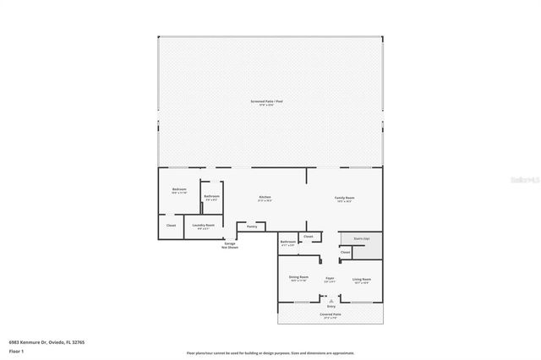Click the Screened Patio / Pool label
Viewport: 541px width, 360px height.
click(270, 101)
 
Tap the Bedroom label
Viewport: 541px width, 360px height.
click(179, 190)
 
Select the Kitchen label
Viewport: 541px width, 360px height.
click(265, 199)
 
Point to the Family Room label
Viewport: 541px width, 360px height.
click(345, 199)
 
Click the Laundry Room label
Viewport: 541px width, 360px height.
click(204, 226)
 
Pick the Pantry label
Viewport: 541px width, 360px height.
click(252, 226)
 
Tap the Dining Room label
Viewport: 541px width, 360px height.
click(298, 278)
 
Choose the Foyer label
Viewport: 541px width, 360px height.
click(331, 278)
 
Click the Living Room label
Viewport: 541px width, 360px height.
click(362, 278)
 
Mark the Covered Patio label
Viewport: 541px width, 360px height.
click(331, 315)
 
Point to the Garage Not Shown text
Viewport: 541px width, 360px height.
click(230, 246)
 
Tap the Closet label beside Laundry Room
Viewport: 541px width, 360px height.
click(171, 226)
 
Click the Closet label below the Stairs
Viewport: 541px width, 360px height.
click(346, 253)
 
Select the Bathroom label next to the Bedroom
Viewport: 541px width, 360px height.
click(211, 197)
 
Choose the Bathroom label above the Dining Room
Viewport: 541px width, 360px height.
click(288, 243)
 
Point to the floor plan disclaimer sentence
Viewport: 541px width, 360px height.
click(270, 353)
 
